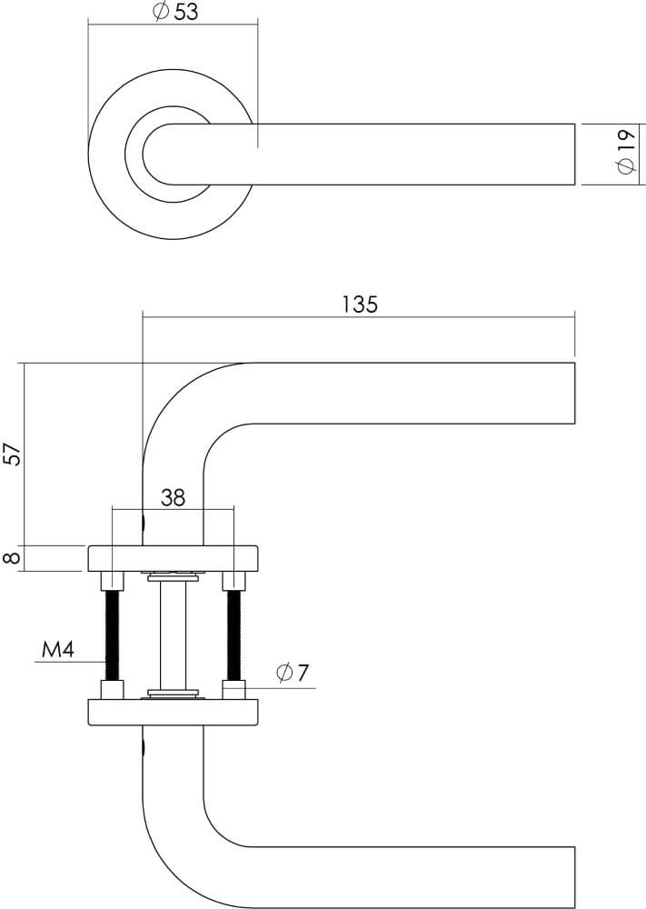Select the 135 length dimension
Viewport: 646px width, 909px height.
pos(359,305)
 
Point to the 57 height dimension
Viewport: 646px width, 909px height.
pos(12,454)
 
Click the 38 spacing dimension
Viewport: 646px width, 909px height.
pos(173,497)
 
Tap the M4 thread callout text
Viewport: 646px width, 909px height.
pos(58,650)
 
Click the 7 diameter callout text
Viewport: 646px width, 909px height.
pos(293,674)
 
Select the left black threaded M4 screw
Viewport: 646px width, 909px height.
pos(113,634)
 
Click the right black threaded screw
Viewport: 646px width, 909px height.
pos(234,634)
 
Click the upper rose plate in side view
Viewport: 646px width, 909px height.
pos(173,558)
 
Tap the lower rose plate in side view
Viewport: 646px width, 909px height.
pos(173,712)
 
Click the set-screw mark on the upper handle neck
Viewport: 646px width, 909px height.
pos(144,524)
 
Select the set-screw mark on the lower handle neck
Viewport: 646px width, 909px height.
pos(144,749)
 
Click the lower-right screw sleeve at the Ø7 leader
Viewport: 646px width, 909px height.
pos(234,689)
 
